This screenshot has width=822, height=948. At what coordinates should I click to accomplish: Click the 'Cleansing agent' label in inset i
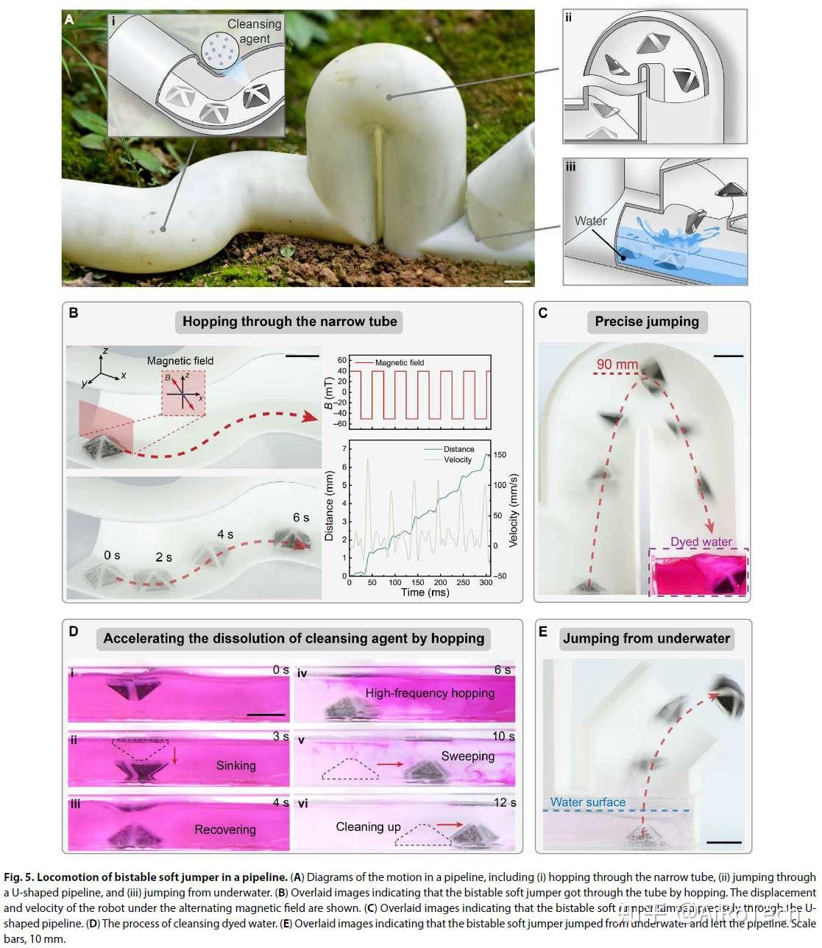pyautogui.click(x=254, y=31)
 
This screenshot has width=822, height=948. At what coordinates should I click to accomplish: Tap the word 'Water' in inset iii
pyautogui.click(x=591, y=221)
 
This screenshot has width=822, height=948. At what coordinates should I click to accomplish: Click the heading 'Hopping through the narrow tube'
pyautogui.click(x=289, y=322)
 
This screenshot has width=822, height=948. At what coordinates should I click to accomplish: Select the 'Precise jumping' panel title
pyautogui.click(x=647, y=322)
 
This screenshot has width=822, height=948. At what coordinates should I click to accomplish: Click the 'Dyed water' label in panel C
pyautogui.click(x=701, y=542)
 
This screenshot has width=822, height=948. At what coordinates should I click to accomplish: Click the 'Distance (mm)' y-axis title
pyautogui.click(x=329, y=509)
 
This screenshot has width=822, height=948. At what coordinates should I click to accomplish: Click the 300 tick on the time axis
pyautogui.click(x=485, y=582)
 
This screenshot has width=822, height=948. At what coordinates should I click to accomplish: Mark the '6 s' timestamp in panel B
pyautogui.click(x=301, y=517)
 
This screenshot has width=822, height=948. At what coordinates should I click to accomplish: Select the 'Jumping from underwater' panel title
pyautogui.click(x=647, y=638)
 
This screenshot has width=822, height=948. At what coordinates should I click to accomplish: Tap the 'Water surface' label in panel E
pyautogui.click(x=588, y=802)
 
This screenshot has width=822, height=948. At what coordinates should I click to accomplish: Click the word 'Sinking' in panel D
pyautogui.click(x=235, y=765)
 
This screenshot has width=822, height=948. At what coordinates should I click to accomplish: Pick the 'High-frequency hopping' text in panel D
pyautogui.click(x=430, y=693)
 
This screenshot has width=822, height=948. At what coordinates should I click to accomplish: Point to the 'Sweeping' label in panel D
pyautogui.click(x=467, y=756)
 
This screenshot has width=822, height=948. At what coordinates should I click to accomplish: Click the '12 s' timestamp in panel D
pyautogui.click(x=504, y=802)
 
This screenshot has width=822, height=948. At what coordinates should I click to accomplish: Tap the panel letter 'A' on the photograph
pyautogui.click(x=69, y=20)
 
